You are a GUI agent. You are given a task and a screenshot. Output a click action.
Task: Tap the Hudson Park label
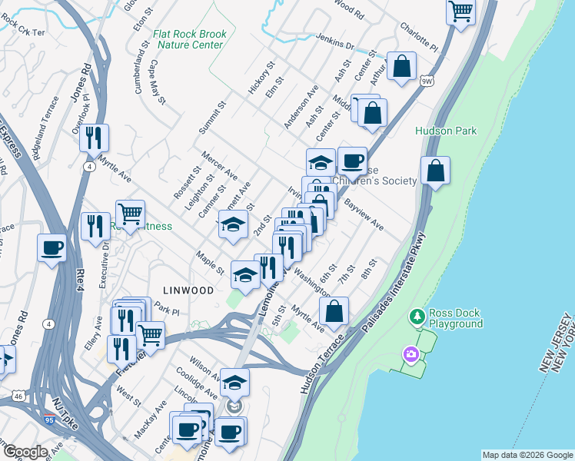(446, 131)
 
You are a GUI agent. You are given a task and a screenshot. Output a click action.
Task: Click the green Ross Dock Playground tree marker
(417, 316)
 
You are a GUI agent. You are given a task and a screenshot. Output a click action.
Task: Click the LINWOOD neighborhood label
(188, 290)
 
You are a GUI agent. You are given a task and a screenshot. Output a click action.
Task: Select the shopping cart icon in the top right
(460, 12)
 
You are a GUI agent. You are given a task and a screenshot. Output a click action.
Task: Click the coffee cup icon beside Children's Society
(352, 161)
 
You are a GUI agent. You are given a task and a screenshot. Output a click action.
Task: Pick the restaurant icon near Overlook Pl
(94, 138)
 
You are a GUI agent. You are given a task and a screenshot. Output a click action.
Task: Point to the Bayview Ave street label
(364, 216)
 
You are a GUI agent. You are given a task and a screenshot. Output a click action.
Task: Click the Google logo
(26, 452)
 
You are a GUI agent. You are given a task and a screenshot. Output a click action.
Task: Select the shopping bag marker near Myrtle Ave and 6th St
(334, 311)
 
